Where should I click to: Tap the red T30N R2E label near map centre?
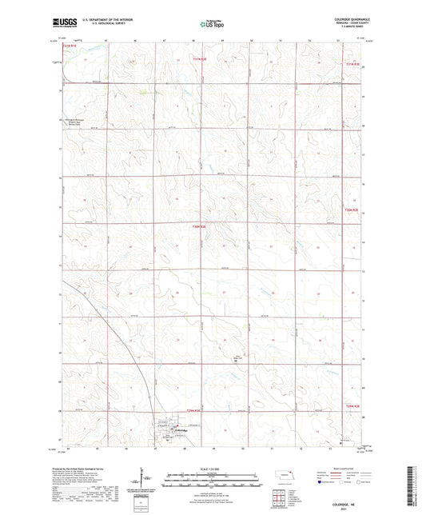[x=198, y=226]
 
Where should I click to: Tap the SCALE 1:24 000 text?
[x=213, y=468]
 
